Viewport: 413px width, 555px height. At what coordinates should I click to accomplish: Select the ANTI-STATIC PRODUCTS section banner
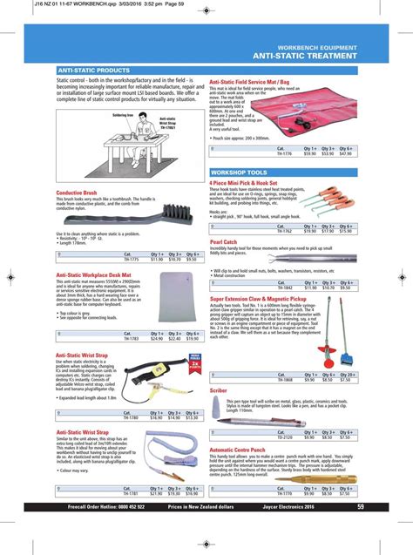94,70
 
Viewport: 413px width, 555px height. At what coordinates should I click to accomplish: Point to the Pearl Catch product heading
224,240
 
